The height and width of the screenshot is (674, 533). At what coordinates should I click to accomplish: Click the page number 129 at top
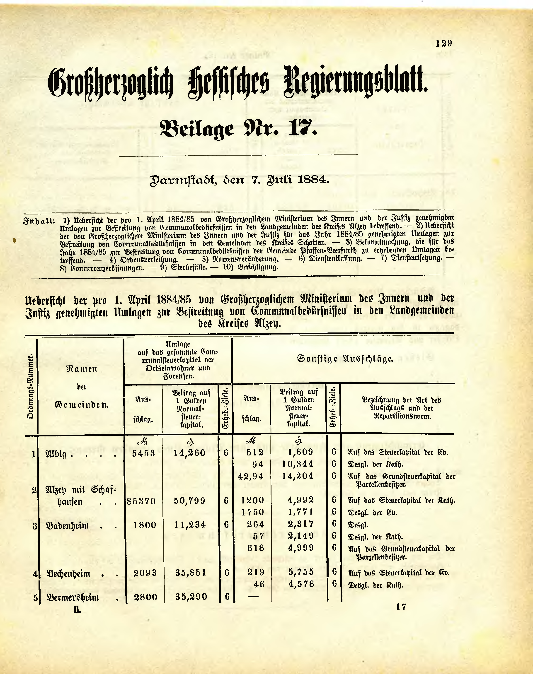click(443, 43)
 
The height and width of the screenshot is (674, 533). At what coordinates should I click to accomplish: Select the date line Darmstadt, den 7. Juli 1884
click(240, 180)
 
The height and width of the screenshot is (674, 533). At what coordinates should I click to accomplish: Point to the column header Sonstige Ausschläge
click(345, 359)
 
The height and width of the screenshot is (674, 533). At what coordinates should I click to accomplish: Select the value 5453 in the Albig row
click(143, 453)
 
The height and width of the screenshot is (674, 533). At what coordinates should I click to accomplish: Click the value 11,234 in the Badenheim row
click(190, 525)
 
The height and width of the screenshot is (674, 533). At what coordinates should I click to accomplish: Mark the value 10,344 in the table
click(297, 464)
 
